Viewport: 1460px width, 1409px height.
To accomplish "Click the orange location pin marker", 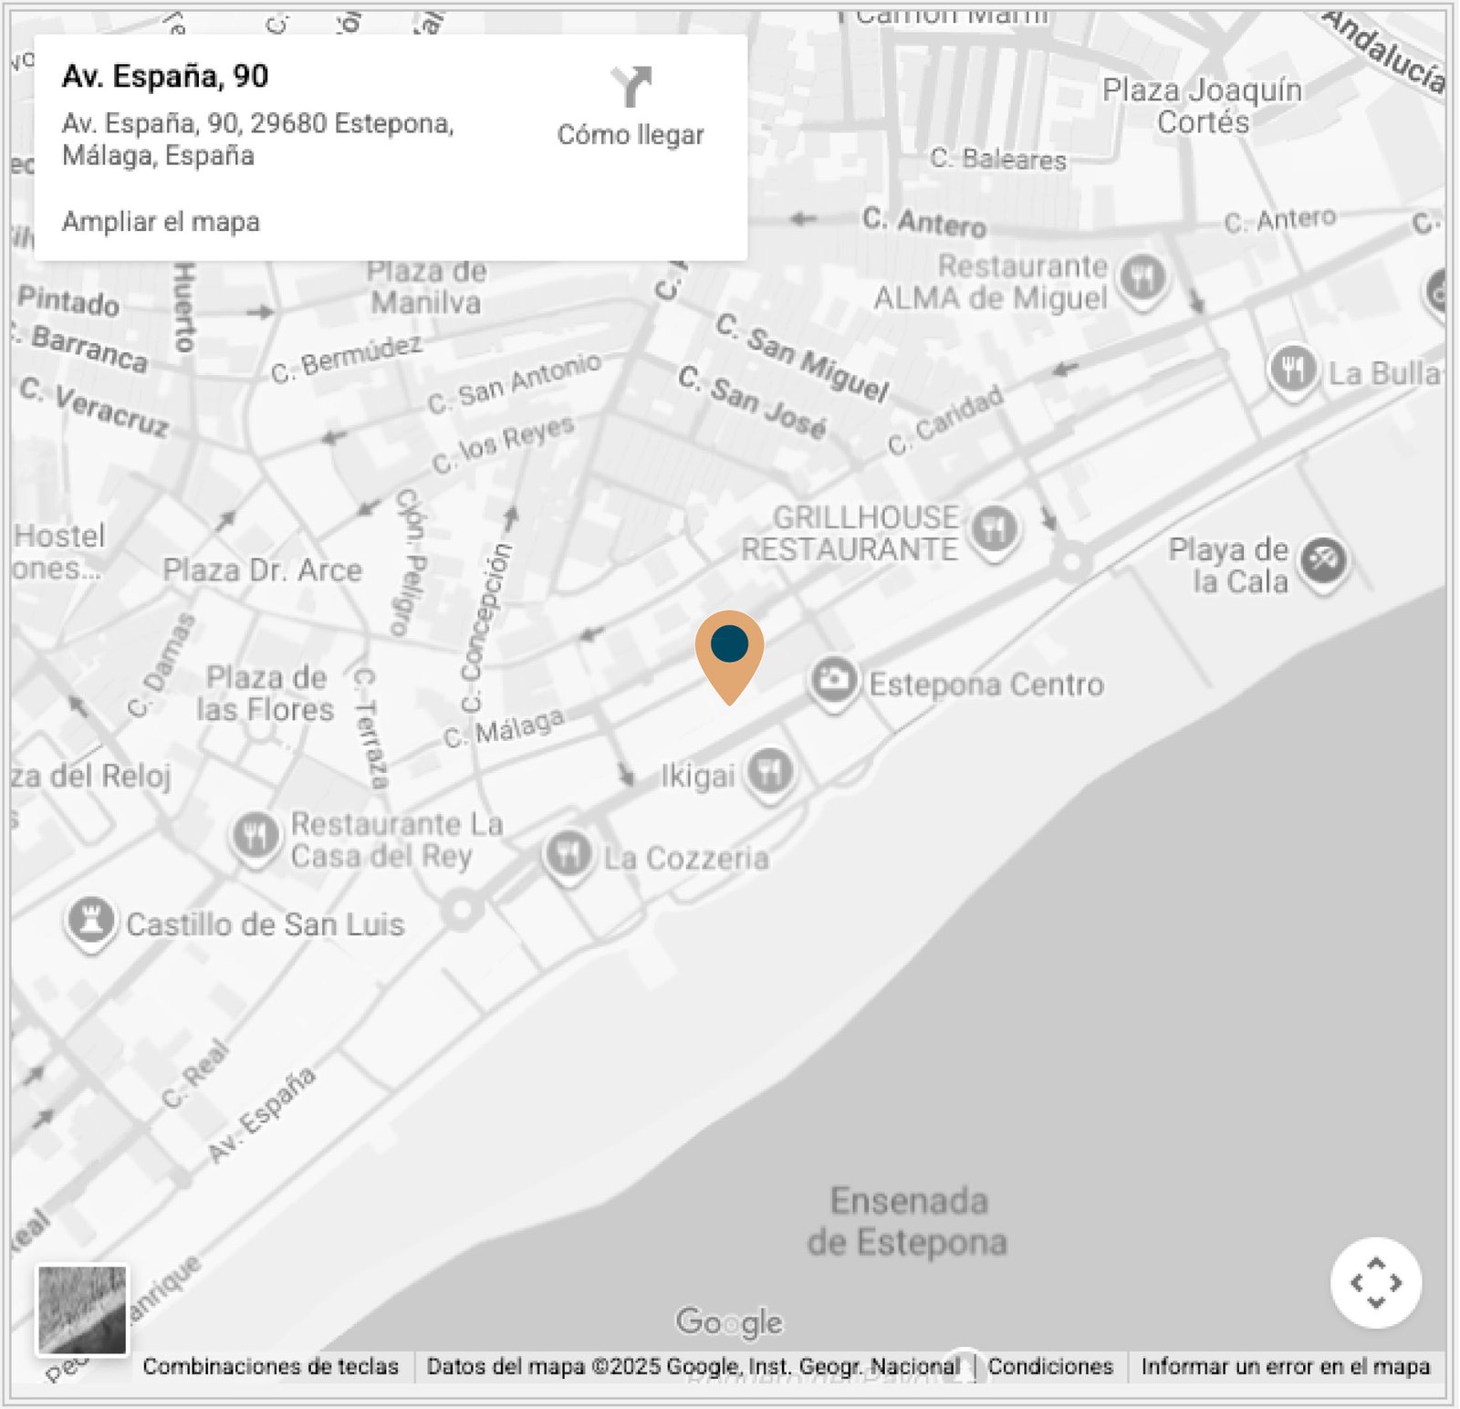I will click(729, 650).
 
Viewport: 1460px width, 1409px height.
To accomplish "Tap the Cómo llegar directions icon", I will click(631, 87).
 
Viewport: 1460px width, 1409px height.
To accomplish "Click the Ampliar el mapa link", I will click(161, 222).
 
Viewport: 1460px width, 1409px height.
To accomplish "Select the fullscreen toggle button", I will click(1375, 1282).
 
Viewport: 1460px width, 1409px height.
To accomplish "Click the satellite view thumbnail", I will click(82, 1309).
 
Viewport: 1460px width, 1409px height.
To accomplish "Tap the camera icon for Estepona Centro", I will click(833, 680).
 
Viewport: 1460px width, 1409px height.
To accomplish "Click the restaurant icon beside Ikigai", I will click(770, 772).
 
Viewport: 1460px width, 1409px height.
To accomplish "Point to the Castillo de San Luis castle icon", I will click(90, 921).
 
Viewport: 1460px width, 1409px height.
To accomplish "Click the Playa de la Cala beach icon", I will click(1324, 559).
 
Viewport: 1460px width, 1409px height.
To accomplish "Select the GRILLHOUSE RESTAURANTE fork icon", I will click(994, 528).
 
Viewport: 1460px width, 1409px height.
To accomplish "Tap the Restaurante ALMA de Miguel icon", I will click(1142, 276).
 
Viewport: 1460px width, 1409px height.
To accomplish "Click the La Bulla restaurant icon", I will click(1292, 370).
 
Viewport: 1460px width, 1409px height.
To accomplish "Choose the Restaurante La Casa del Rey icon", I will click(255, 835).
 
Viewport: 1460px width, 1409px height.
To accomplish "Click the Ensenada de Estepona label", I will click(908, 1221).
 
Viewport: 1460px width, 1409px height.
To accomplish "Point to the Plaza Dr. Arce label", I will click(262, 570).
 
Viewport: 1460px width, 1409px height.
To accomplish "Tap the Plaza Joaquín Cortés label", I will click(1202, 105).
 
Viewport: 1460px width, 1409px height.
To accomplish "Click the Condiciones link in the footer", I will click(1050, 1366).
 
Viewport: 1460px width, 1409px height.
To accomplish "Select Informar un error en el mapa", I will click(1285, 1366).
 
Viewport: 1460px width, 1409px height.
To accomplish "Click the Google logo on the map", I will click(729, 1321).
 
